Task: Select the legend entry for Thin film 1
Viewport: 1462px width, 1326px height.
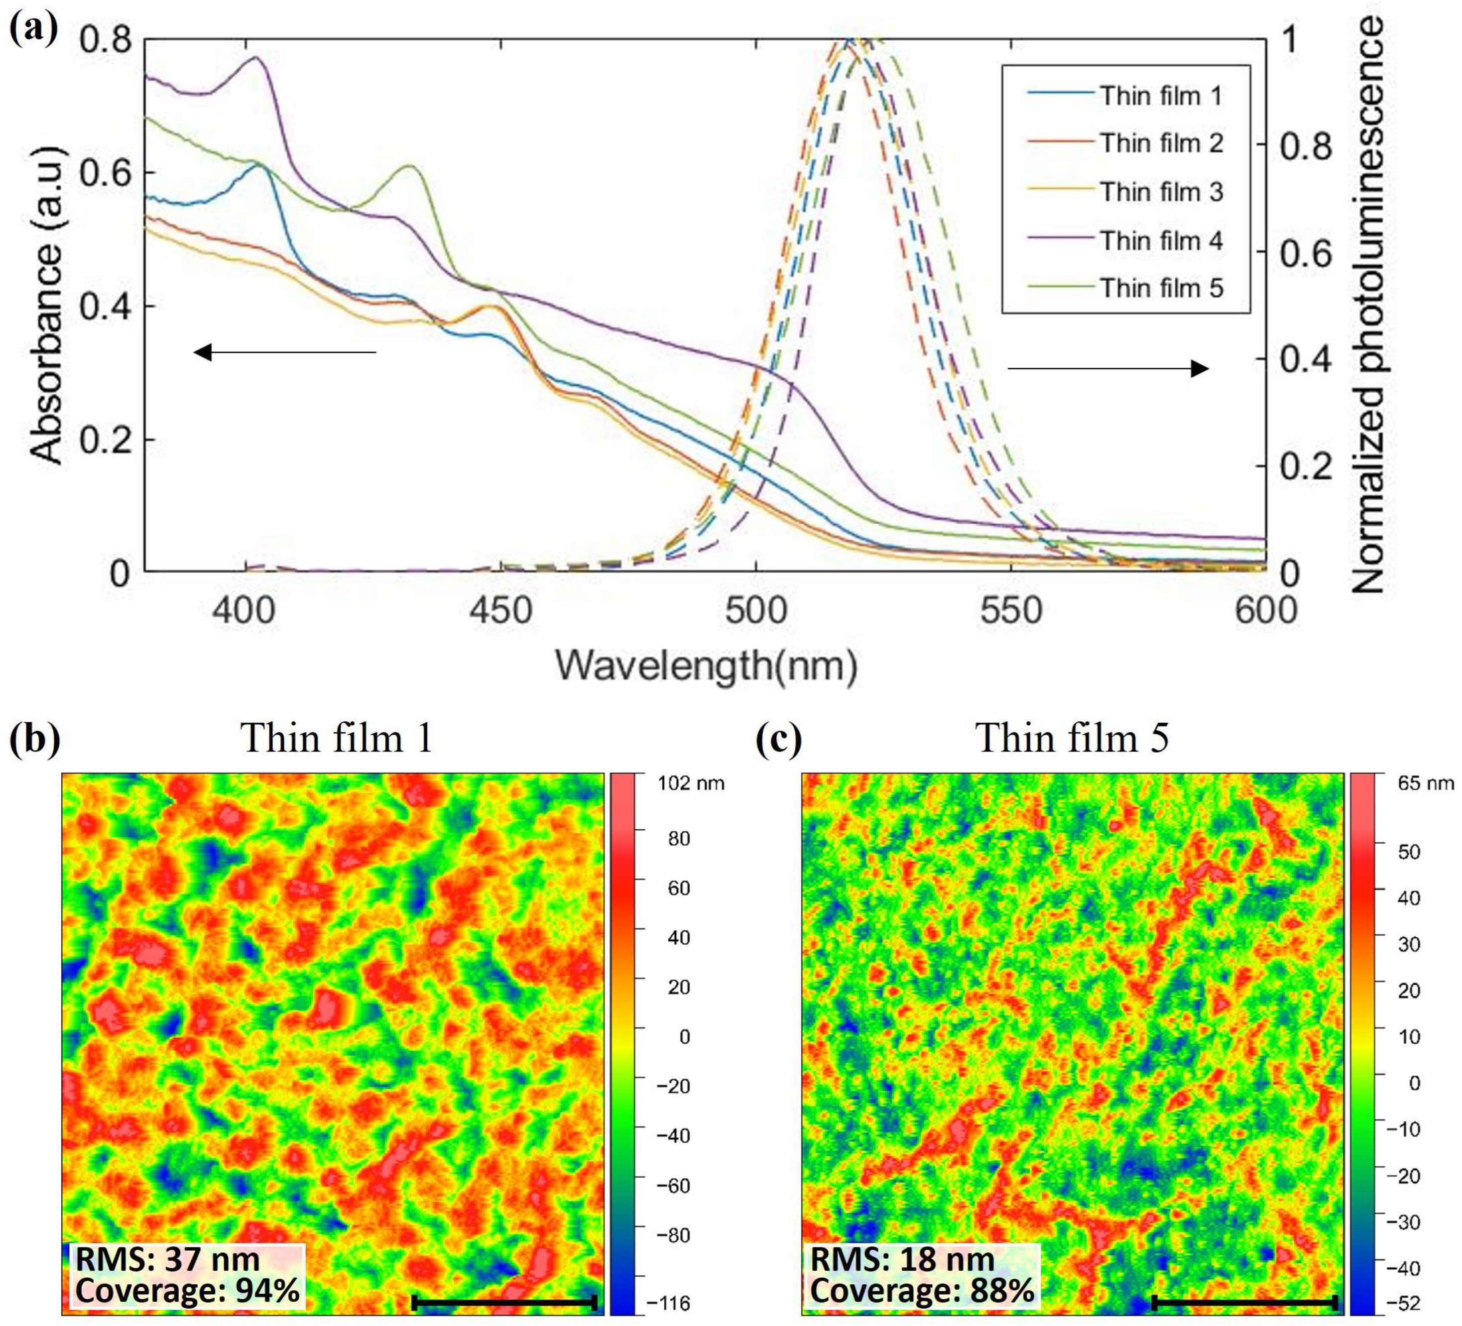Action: point(1160,96)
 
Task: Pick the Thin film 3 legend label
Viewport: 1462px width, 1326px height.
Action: point(1160,192)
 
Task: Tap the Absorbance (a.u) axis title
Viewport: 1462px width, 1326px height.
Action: point(49,305)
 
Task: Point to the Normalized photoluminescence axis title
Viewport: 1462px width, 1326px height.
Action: point(1367,305)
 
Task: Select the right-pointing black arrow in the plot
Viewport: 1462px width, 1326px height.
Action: point(1108,369)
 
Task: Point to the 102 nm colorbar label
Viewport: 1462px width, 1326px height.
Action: point(690,784)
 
